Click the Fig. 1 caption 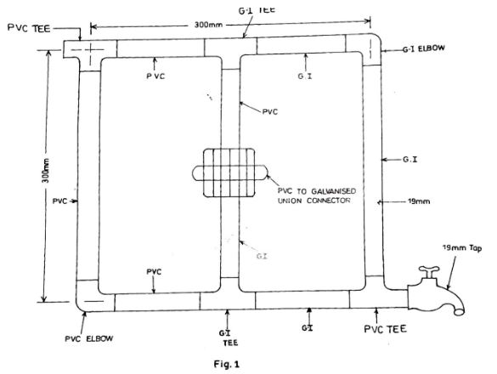(227, 364)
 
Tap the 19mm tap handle (429, 270)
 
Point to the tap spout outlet (459, 311)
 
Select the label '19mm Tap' (462, 247)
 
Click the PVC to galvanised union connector (229, 173)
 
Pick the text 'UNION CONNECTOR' (313, 201)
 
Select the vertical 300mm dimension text (46, 170)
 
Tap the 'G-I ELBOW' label (423, 48)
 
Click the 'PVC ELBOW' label (88, 338)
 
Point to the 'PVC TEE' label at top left (29, 28)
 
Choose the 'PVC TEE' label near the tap (385, 329)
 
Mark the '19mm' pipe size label (418, 201)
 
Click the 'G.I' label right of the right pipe (409, 160)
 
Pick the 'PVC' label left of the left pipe (60, 201)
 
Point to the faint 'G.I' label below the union (262, 256)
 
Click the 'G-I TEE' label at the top (257, 10)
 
